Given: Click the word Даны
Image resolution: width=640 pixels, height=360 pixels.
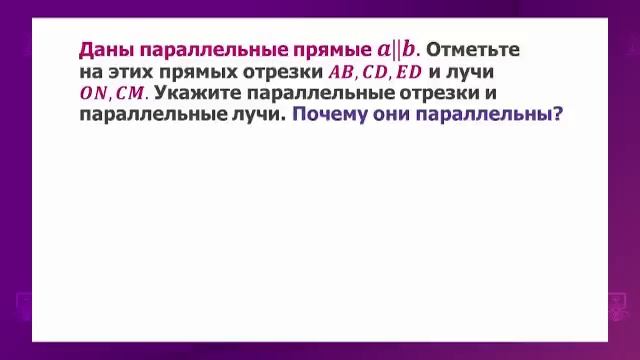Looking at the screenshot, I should [105, 49].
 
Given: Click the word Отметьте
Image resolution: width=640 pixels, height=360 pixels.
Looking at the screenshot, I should [473, 49].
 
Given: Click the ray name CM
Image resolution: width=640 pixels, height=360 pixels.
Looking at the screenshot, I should [131, 93].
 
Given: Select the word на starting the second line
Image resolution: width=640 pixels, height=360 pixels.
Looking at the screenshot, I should [90, 72].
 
